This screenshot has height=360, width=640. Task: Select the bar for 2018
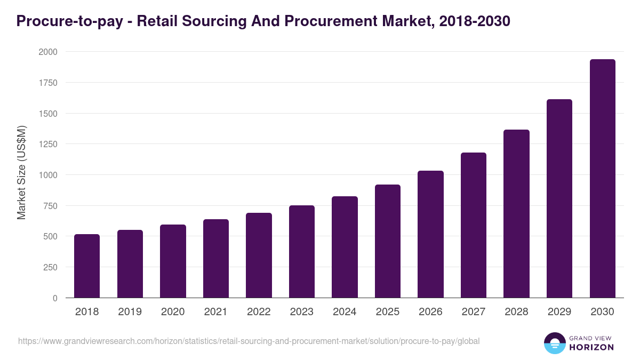(87, 266)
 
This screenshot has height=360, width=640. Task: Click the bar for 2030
(602, 179)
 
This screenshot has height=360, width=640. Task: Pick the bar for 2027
(474, 225)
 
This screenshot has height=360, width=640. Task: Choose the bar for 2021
(216, 259)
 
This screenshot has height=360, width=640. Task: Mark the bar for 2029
(559, 198)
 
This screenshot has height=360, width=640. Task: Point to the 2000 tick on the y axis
(47, 52)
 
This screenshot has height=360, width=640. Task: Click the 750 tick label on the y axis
(50, 206)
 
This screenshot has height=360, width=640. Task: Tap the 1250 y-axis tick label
(47, 144)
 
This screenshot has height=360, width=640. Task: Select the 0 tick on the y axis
(55, 298)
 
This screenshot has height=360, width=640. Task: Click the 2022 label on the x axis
(259, 312)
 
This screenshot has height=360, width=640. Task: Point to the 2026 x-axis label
(430, 312)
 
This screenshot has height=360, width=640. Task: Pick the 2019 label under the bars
(130, 312)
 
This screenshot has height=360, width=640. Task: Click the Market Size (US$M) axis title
(21, 173)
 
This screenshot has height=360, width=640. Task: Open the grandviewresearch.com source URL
(249, 341)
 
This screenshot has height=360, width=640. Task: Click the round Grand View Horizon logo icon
(555, 343)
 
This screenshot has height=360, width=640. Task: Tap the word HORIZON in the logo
(592, 347)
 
